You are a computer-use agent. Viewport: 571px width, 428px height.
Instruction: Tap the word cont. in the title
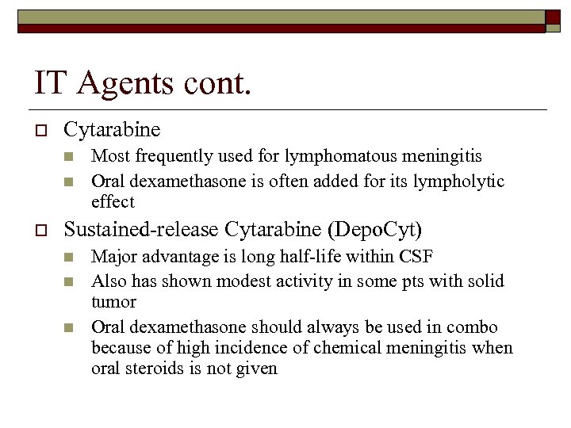coord(217,83)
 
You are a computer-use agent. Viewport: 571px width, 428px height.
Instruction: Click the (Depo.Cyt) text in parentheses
coord(374,230)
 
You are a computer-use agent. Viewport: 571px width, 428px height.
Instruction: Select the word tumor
coord(113,302)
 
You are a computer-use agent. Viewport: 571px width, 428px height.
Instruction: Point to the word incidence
coord(234,348)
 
